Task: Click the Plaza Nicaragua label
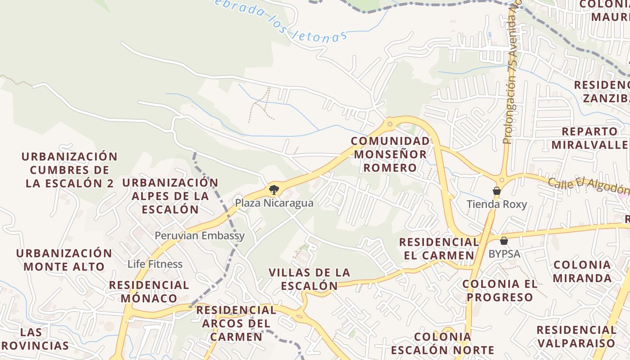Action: coord(274,203)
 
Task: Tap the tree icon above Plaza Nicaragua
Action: coord(273,189)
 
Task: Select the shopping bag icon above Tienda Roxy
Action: coord(496,191)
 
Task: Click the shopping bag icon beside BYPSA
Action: coord(504,240)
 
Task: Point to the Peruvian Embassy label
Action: coord(200,235)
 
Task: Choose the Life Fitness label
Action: coord(155,264)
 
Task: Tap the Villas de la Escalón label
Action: coord(309,279)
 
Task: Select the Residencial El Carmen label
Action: coord(439,248)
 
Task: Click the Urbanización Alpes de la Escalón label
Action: coord(170,196)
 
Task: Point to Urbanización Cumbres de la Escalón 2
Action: coord(69,170)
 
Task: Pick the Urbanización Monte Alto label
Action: coord(64,259)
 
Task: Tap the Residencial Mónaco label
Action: coord(149,292)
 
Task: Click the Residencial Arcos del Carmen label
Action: coord(236,323)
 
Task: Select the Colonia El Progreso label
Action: coord(500,290)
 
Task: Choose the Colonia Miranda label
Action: coord(582,271)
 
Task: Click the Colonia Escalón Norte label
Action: coord(442,343)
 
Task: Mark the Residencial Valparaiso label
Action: coord(576,336)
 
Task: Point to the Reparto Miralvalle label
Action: coord(590,138)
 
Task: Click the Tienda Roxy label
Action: coord(496,204)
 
